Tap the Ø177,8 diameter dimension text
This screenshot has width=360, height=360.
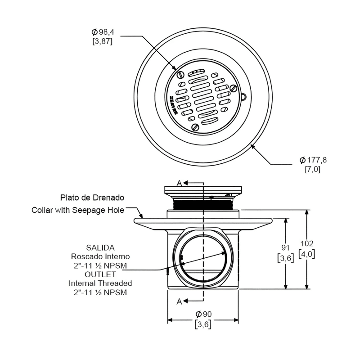click(313, 160)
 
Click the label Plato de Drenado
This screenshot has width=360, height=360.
click(92, 198)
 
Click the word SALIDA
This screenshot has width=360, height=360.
click(100, 247)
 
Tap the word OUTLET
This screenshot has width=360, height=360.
click(100, 274)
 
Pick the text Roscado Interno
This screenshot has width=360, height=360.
click(100, 256)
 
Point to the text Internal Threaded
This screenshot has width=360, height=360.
click(100, 283)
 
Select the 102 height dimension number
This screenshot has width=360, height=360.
click(307, 243)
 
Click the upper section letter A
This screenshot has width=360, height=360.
click(179, 183)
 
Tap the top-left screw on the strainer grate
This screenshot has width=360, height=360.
click(180, 74)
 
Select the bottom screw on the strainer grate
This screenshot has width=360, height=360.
click(196, 126)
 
